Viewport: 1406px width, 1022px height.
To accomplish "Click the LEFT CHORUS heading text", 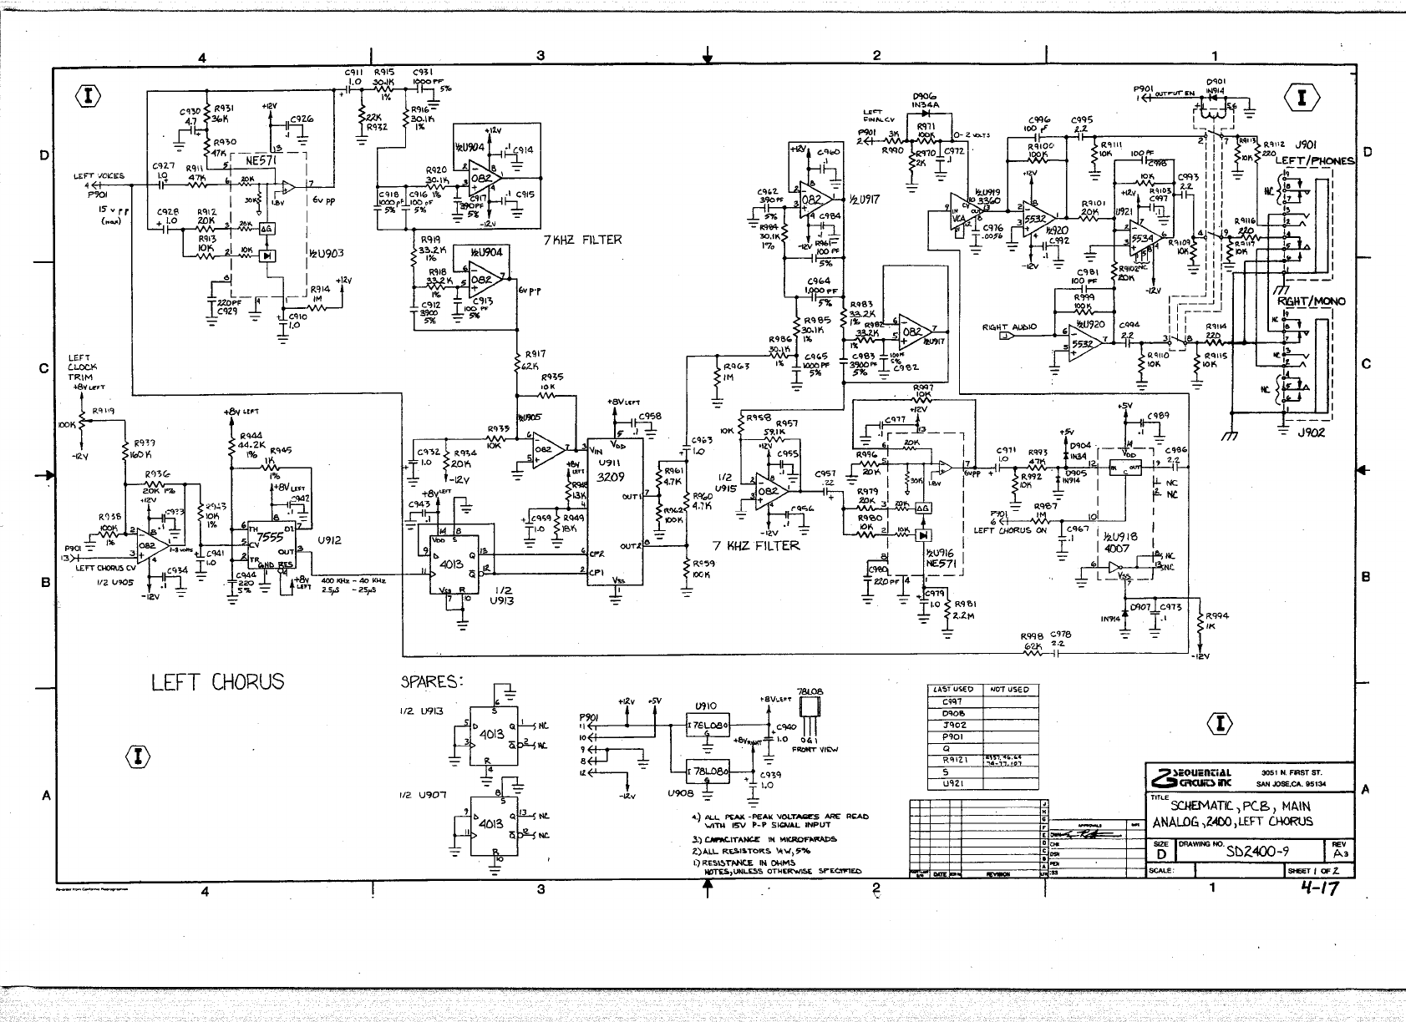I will coord(217,682).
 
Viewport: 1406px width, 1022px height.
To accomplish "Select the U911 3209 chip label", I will coord(609,477).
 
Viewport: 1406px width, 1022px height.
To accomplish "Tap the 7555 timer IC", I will coord(267,538).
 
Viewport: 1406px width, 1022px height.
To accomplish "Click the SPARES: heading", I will coord(433,682).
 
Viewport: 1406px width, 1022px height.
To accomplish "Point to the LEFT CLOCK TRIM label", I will coord(82,367).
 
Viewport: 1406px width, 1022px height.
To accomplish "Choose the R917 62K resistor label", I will coord(532,360).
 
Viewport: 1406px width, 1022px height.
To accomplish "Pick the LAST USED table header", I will coord(952,690).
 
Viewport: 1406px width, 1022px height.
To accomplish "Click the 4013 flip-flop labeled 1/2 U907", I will coord(492,823).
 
